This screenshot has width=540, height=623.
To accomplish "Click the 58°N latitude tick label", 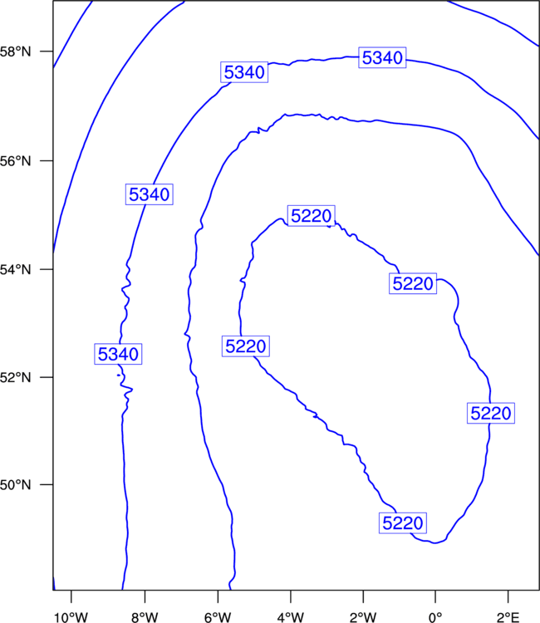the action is click(15, 52).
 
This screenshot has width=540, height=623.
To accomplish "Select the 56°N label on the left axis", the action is click(15, 161).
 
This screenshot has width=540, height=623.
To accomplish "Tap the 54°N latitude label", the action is click(15, 270).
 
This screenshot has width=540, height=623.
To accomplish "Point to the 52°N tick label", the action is click(15, 377).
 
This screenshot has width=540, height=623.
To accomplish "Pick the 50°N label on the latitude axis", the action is click(15, 485).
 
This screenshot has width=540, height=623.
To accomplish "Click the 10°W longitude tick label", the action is click(71, 617).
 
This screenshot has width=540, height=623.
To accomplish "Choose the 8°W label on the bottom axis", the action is click(145, 617).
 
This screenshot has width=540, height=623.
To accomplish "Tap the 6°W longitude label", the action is click(218, 617).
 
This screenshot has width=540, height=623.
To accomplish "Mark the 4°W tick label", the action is click(291, 617).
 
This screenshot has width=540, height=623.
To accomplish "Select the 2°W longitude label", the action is click(363, 617).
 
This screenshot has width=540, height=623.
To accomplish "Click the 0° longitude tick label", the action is click(435, 617).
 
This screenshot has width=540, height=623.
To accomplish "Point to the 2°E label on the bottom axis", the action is click(508, 617).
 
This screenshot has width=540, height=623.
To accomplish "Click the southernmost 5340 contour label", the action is click(118, 354).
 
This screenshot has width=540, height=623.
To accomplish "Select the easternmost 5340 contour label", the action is click(382, 57).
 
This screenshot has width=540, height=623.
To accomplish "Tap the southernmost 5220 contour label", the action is click(403, 522).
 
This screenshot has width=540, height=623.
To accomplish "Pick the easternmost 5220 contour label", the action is click(491, 413).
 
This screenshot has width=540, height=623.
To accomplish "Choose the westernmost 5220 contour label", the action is click(246, 346).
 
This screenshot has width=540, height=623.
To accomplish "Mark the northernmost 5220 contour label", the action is click(312, 216).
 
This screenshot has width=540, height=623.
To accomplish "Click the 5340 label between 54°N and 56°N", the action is click(150, 194).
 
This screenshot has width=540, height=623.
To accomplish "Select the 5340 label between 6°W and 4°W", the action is click(244, 72).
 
